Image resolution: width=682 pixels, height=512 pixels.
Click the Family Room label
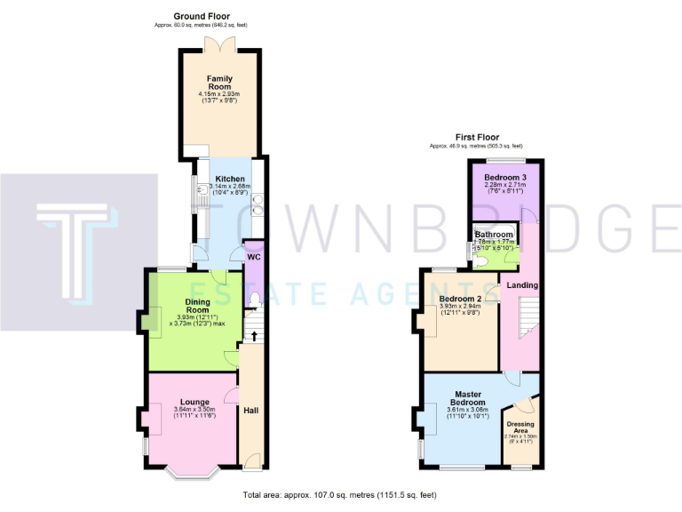[219, 83]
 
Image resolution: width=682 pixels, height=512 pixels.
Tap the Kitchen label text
[229, 179]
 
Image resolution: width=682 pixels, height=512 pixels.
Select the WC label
[254, 257]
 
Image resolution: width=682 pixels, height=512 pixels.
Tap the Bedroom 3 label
[504, 178]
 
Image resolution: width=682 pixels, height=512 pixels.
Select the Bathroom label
[495, 235]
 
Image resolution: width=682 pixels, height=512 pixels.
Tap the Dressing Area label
[520, 428]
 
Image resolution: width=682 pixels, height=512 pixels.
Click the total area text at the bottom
[340, 494]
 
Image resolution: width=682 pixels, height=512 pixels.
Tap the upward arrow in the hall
[256, 336]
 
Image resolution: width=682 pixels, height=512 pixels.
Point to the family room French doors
[219, 44]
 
